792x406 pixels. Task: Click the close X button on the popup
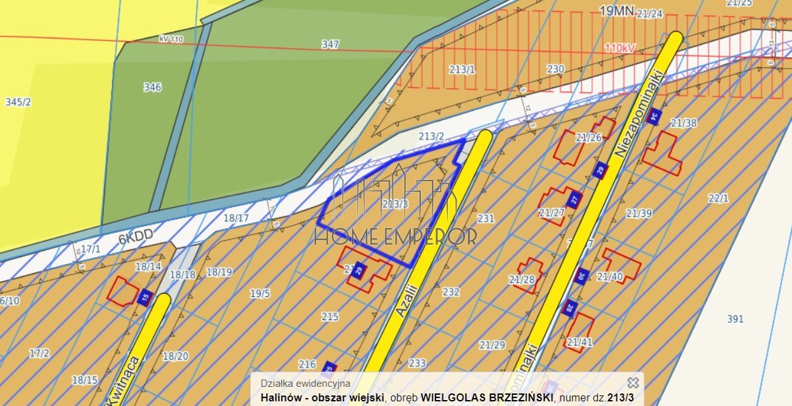[633, 383]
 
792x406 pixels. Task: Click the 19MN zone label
[616, 11]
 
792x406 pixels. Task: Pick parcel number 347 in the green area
[330, 44]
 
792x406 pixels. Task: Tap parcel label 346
[152, 87]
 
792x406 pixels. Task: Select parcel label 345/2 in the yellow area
[18, 102]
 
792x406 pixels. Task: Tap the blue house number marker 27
[575, 198]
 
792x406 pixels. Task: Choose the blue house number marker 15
[146, 298]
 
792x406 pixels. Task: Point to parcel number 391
[735, 319]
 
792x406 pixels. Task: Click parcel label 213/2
[431, 136]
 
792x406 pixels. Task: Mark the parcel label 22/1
[718, 198]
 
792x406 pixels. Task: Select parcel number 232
[451, 292]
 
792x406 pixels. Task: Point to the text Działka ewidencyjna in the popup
[306, 384]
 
